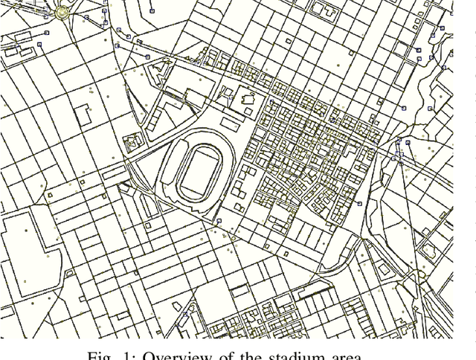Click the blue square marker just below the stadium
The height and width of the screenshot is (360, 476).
pos(219,221)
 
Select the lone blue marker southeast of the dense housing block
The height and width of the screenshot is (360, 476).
pos(359,203)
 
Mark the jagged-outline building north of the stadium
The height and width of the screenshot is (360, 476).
pos(247,100)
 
